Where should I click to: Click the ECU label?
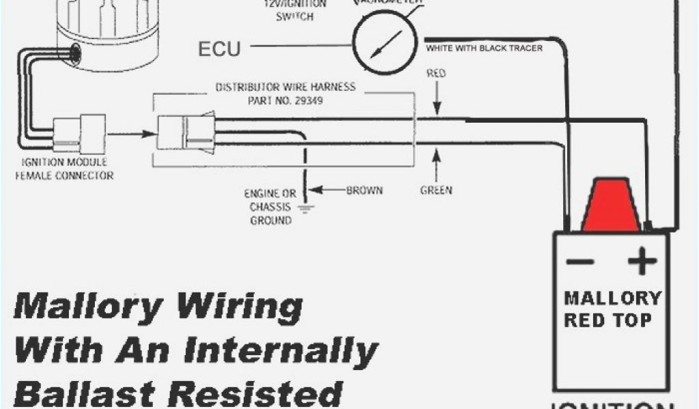tap(220, 49)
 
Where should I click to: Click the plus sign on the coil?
tap(642, 262)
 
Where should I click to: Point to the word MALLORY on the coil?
tap(612, 298)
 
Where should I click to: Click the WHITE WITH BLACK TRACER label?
tap(484, 48)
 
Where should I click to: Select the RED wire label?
tap(436, 73)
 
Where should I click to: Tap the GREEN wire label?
tap(436, 190)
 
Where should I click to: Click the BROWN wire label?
tap(365, 190)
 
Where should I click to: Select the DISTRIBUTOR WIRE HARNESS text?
tap(285, 87)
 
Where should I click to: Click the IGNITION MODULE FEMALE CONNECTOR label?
tap(66, 168)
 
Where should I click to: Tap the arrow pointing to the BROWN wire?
tap(326, 190)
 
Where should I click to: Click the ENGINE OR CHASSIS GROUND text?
tap(270, 207)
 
